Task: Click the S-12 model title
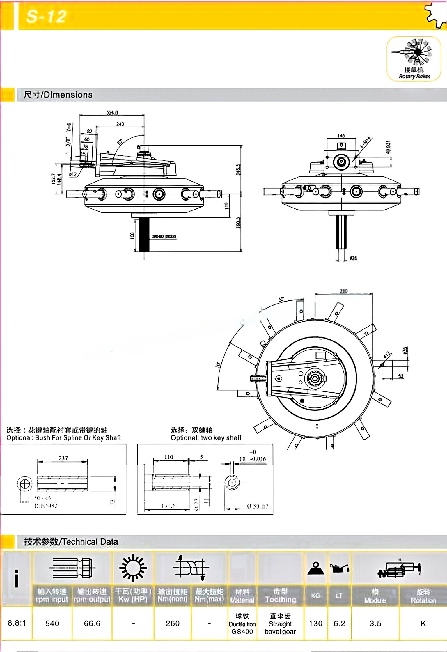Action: [46, 17]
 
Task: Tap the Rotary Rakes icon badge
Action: [414, 58]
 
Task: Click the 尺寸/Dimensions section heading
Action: [58, 95]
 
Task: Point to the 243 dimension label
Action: [120, 124]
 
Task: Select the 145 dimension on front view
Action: [341, 136]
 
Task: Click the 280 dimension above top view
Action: [343, 291]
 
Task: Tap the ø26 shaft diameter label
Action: [353, 258]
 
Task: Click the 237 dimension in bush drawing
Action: [63, 458]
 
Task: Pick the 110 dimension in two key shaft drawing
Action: [169, 457]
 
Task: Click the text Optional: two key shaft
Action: [206, 438]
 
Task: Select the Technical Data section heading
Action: [71, 542]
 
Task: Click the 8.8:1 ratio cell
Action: [17, 623]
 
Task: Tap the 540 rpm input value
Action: [52, 623]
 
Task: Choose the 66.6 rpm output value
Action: [92, 623]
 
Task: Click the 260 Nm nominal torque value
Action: [173, 623]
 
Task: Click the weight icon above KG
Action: [316, 568]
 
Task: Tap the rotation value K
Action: [423, 623]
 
